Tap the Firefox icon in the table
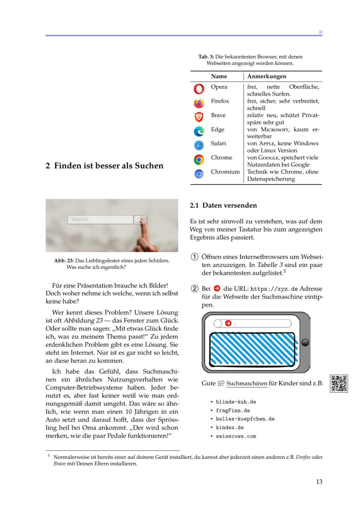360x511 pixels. pyautogui.click(x=199, y=103)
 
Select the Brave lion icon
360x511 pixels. pyautogui.click(x=199, y=117)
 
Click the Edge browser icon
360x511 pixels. pyautogui.click(x=199, y=131)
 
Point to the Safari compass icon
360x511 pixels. pyautogui.click(x=199, y=145)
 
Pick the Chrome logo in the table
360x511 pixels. pyautogui.click(x=199, y=159)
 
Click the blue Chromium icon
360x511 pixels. pyautogui.click(x=199, y=174)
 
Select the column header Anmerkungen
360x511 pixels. pyautogui.click(x=267, y=77)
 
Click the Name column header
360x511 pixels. pyautogui.click(x=219, y=77)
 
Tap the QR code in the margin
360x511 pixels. pyautogui.click(x=339, y=384)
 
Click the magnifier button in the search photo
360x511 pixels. pyautogui.click(x=140, y=219)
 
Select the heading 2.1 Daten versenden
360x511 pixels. pyautogui.click(x=223, y=205)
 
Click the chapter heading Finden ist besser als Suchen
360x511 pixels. pyautogui.click(x=104, y=166)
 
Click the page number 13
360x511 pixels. pyautogui.click(x=319, y=482)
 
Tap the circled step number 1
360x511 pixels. pyautogui.click(x=195, y=257)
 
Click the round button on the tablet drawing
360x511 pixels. pyautogui.click(x=305, y=343)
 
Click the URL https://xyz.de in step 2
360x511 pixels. pyautogui.click(x=274, y=289)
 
